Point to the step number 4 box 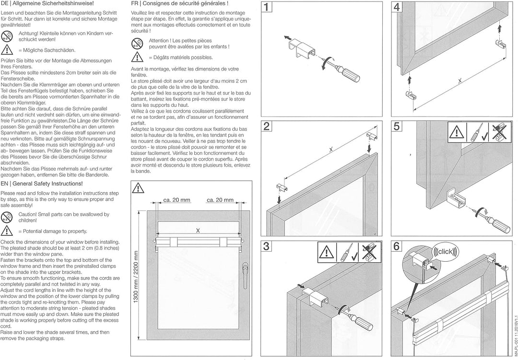(x=397, y=8)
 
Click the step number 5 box (x=397, y=127)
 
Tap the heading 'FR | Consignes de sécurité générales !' (x=179, y=4)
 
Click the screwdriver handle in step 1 (x=352, y=76)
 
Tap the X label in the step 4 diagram (x=459, y=81)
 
